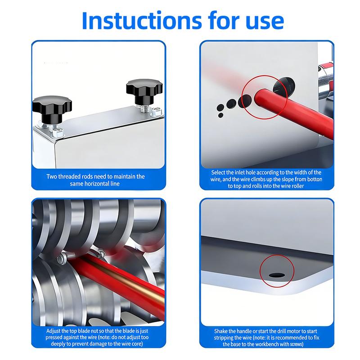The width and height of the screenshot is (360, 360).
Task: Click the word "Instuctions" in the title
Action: point(142,21)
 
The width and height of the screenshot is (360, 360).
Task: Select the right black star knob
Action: point(144,90)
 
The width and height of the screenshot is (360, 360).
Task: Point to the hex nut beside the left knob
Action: point(58,133)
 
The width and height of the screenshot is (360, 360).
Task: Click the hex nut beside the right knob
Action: point(156,112)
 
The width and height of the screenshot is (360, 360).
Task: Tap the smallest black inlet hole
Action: point(220,115)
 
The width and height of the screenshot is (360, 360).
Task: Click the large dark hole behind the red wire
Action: point(284,86)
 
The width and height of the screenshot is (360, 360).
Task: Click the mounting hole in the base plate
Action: point(276,275)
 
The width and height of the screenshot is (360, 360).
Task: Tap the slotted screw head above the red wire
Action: point(62,259)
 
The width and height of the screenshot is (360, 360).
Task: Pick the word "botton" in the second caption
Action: point(314,179)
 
